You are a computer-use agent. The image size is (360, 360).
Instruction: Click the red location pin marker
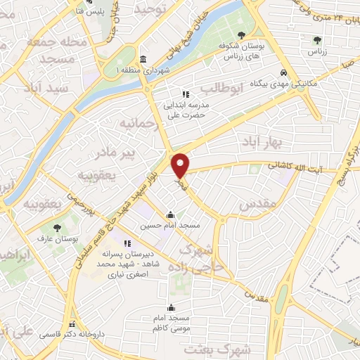[x=181, y=165]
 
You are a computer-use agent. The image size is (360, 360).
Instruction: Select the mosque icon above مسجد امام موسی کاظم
[x=171, y=307]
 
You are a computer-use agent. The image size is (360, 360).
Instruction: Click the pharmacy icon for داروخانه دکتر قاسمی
[x=72, y=324]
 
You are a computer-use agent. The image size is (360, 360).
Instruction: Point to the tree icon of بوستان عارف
[x=57, y=227]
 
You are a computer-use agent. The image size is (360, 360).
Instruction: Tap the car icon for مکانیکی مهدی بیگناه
[x=283, y=73]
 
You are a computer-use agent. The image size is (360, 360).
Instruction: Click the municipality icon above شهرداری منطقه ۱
[x=143, y=59]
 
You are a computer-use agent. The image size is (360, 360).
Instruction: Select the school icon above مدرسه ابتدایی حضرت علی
[x=186, y=94]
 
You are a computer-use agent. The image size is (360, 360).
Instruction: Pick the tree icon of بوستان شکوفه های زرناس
[x=241, y=34]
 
